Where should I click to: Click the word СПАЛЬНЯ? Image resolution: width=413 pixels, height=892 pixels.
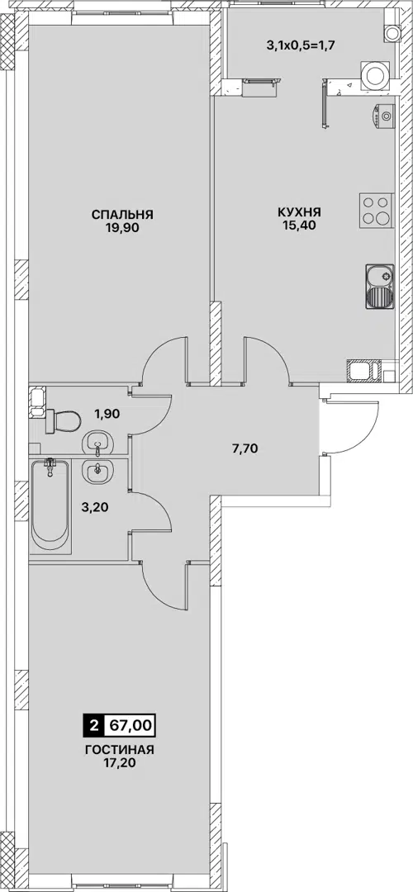(122, 215)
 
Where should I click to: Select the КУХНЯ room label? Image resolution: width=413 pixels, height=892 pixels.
(299, 211)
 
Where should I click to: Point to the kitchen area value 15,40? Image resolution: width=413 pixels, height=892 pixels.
(299, 224)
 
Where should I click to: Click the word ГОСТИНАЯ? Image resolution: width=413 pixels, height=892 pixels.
(120, 750)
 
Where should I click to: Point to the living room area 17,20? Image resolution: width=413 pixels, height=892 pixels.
(120, 763)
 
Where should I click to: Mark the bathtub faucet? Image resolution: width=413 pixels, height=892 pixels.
(51, 467)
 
